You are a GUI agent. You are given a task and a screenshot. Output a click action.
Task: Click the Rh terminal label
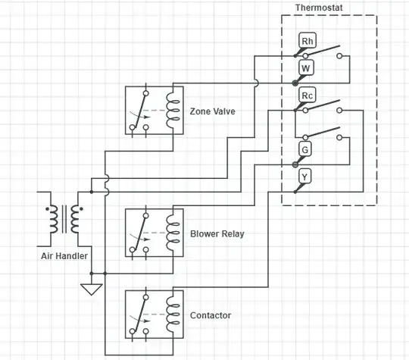[308, 41]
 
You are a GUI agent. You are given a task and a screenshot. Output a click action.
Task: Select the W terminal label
[306, 68]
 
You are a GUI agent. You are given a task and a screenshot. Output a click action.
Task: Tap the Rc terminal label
[308, 95]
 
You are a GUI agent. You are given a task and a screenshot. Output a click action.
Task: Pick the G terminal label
[305, 149]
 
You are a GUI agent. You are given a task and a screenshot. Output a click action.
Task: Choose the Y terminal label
[305, 177]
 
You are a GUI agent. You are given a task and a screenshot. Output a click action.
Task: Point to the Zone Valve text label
[213, 111]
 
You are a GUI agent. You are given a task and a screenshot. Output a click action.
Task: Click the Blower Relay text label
[217, 234]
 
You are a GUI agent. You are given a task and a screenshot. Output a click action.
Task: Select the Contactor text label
[211, 315]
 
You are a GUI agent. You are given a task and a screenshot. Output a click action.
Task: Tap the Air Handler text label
[64, 256]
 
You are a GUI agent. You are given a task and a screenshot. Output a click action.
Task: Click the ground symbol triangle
[92, 289]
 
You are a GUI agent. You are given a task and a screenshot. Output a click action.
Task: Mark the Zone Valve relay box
[153, 111]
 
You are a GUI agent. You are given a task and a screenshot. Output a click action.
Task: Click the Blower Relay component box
[153, 234]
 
